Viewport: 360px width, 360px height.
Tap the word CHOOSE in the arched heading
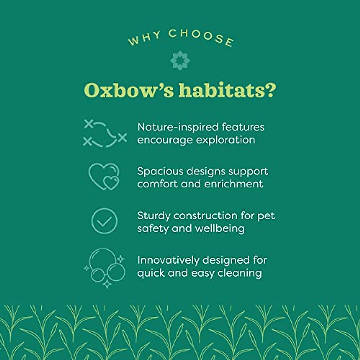point(201,37)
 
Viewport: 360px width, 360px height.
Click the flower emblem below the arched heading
point(180,61)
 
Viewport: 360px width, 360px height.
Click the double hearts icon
point(104,176)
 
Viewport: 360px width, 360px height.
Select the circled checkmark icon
point(104,221)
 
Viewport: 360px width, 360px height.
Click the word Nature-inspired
point(178,127)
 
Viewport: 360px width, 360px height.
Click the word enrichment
point(234,184)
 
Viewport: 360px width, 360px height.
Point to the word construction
point(205,216)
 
